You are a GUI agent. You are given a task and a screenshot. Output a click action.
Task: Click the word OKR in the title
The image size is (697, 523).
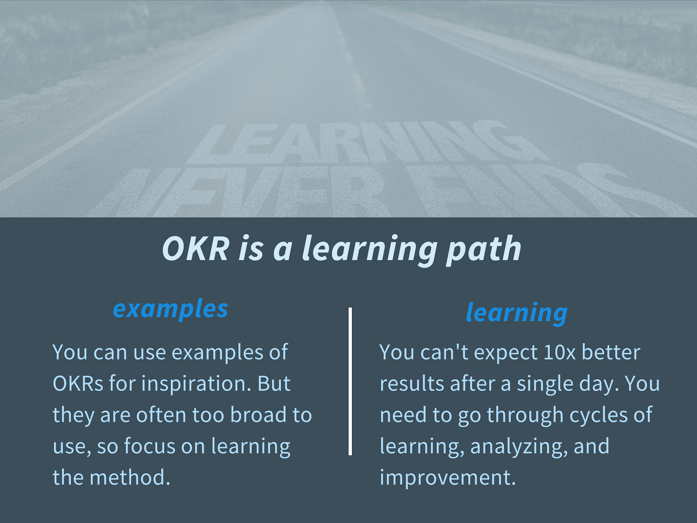(196, 248)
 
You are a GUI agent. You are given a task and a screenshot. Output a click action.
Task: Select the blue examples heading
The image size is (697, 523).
(170, 309)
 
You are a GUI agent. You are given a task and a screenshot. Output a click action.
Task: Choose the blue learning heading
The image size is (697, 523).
(516, 313)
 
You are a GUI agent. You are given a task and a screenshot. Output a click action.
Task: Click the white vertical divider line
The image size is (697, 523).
(350, 381)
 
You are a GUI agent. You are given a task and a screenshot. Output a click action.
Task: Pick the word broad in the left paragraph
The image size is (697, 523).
(258, 415)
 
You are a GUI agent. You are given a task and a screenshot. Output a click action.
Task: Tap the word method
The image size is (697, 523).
(130, 477)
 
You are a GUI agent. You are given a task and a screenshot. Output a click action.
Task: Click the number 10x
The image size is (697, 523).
(559, 353)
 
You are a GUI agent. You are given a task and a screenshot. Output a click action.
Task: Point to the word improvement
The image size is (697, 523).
(448, 478)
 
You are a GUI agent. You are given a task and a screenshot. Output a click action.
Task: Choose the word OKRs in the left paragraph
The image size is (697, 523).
(78, 384)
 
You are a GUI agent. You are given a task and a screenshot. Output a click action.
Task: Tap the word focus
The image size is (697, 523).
(149, 446)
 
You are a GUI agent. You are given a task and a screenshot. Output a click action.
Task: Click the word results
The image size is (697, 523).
(412, 384)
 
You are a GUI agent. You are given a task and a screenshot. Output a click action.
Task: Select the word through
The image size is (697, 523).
(525, 415)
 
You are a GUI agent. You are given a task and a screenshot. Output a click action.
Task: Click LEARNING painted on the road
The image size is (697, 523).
(362, 143)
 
